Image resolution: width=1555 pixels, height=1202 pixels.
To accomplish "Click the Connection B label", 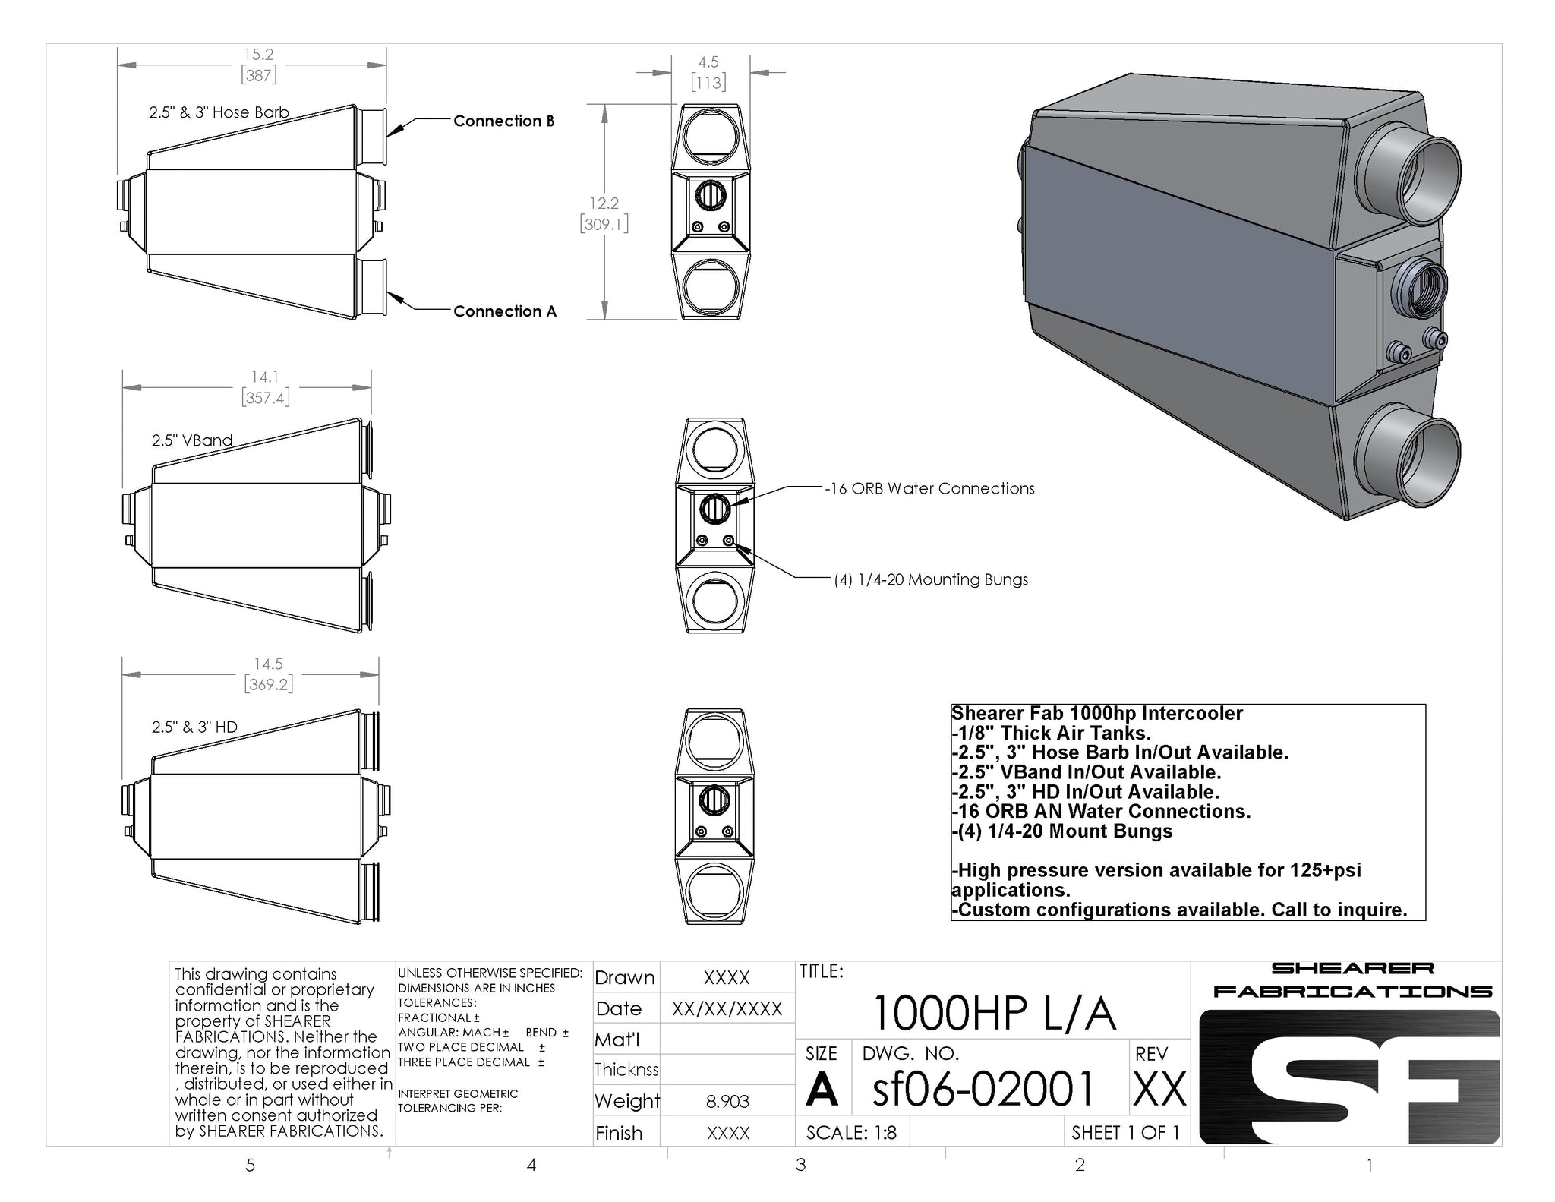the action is pyautogui.click(x=503, y=121).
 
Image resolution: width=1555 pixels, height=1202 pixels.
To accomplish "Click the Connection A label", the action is pyautogui.click(x=505, y=311).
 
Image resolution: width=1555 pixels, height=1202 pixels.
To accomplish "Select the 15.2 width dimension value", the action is pyautogui.click(x=258, y=55).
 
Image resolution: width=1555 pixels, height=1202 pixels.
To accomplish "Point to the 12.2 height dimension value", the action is pyautogui.click(x=604, y=203).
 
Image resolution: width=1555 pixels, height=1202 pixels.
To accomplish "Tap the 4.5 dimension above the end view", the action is pyautogui.click(x=708, y=62).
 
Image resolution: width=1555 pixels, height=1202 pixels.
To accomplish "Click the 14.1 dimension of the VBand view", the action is pyautogui.click(x=265, y=377).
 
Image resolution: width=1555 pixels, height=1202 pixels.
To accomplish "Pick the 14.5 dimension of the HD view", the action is pyautogui.click(x=269, y=664).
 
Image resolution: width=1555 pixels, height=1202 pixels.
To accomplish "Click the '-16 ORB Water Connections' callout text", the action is pyautogui.click(x=930, y=489).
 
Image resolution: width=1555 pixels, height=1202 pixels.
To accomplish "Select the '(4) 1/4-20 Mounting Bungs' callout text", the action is pyautogui.click(x=931, y=580).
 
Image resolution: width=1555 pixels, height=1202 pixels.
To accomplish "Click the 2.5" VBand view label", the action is pyautogui.click(x=192, y=440).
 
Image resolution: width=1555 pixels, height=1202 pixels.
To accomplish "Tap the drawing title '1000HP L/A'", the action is pyautogui.click(x=995, y=1013).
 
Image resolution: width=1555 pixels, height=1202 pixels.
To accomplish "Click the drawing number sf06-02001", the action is pyautogui.click(x=984, y=1088).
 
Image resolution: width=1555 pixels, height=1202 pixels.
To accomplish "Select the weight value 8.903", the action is pyautogui.click(x=727, y=1101).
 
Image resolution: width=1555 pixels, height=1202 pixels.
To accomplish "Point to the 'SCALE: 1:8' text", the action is pyautogui.click(x=851, y=1133).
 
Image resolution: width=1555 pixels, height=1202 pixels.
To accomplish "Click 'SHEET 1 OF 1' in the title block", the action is pyautogui.click(x=1126, y=1133).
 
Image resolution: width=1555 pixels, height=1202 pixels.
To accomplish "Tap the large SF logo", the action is pyautogui.click(x=1349, y=1077).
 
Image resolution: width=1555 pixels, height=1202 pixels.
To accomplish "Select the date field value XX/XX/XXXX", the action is pyautogui.click(x=727, y=1009).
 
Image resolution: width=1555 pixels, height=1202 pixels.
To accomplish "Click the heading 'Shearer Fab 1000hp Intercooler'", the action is pyautogui.click(x=1097, y=714).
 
